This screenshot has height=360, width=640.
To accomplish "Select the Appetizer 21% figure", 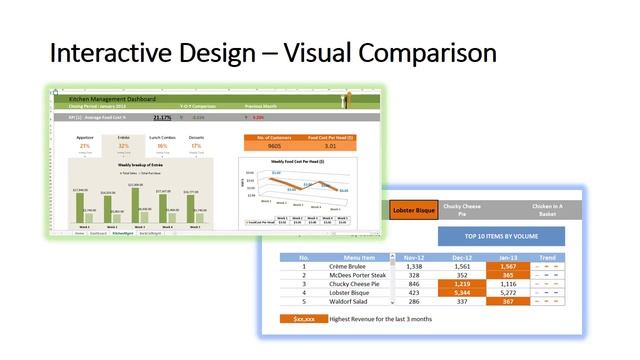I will (85, 145).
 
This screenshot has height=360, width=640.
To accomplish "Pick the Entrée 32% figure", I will (123, 145).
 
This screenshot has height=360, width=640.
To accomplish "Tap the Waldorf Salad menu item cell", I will (346, 300).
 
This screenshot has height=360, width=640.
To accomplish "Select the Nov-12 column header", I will (415, 257).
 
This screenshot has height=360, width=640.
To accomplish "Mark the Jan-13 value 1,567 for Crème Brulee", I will (508, 267).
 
